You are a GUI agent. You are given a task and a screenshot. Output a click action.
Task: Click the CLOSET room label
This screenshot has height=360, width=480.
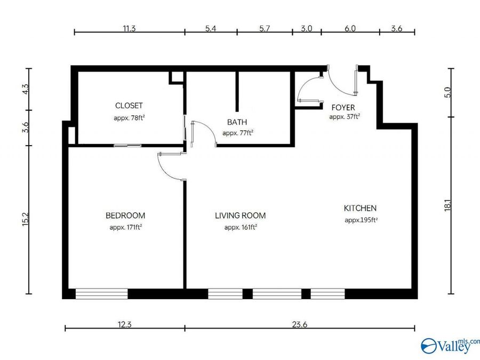coord(129,106)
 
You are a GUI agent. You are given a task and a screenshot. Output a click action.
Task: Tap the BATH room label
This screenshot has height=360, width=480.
coord(237,122)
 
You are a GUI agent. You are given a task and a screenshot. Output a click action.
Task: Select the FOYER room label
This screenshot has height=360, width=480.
coord(343,108)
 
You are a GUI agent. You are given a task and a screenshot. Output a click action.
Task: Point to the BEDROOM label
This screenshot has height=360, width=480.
coord(125,215)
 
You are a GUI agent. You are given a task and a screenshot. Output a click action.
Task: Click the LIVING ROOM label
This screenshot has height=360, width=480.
coord(240,215)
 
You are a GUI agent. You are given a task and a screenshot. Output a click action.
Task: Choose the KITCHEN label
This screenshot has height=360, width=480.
coord(360,208)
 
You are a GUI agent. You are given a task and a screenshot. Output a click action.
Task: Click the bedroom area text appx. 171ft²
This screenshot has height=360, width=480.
coord(125,227)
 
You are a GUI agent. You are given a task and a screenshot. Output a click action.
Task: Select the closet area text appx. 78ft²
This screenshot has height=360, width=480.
coord(129,117)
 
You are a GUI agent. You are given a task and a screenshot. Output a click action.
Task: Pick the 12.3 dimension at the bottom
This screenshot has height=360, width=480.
coord(125,319)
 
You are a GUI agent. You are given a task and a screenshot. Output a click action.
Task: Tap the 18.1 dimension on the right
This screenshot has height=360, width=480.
coord(447,205)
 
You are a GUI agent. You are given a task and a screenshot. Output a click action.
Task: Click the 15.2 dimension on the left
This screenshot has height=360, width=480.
coord(25,220)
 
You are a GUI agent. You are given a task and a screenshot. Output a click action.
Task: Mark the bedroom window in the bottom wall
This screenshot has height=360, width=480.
coord(101,294)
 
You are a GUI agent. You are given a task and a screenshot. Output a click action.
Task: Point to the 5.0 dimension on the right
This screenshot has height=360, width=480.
coord(447,92)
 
